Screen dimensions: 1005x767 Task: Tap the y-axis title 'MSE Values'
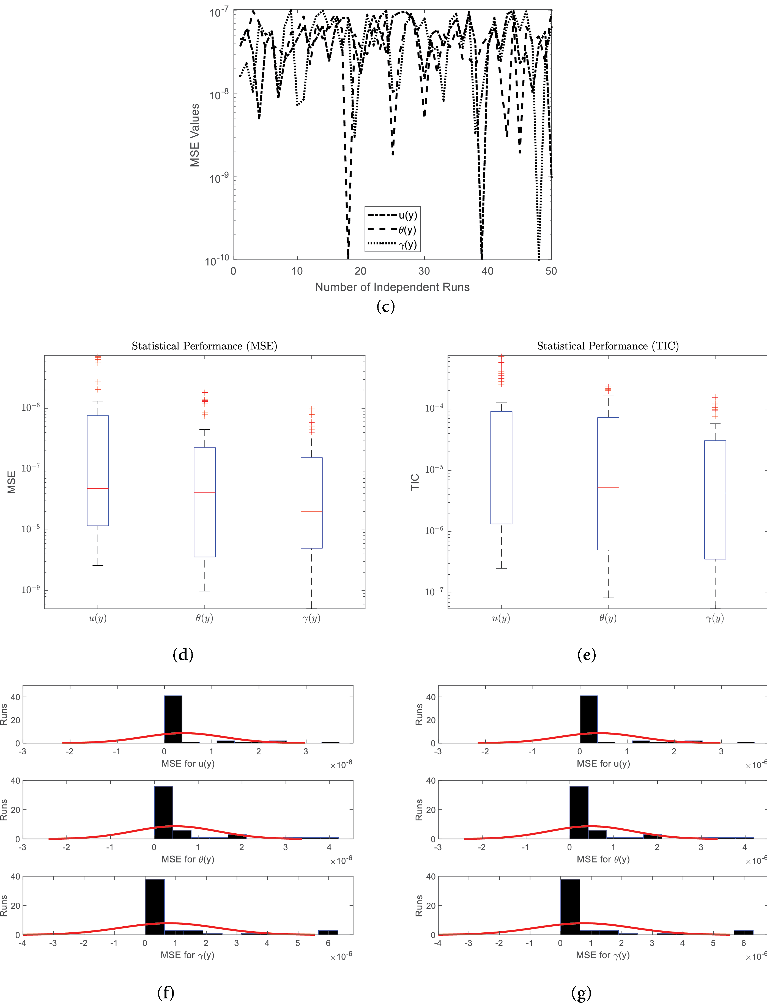pyautogui.click(x=195, y=135)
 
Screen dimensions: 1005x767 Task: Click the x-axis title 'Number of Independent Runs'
pyautogui.click(x=392, y=287)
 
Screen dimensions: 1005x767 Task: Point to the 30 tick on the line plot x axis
pyautogui.click(x=424, y=271)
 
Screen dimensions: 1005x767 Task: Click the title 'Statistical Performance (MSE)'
pyautogui.click(x=204, y=346)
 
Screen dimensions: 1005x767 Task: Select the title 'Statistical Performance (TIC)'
pyautogui.click(x=608, y=346)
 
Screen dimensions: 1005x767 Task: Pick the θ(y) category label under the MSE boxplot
pyautogui.click(x=204, y=618)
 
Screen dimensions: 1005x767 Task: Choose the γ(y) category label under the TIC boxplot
pyautogui.click(x=715, y=618)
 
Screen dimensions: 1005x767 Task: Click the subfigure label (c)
pyautogui.click(x=386, y=306)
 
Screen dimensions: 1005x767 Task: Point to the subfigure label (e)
pyautogui.click(x=587, y=655)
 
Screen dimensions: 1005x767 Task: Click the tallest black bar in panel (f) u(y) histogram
pyautogui.click(x=173, y=719)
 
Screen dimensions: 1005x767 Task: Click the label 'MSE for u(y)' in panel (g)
pyautogui.click(x=603, y=763)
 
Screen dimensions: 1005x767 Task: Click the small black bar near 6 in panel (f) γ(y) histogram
pyautogui.click(x=328, y=932)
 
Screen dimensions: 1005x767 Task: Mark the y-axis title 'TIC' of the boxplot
pyautogui.click(x=415, y=482)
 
